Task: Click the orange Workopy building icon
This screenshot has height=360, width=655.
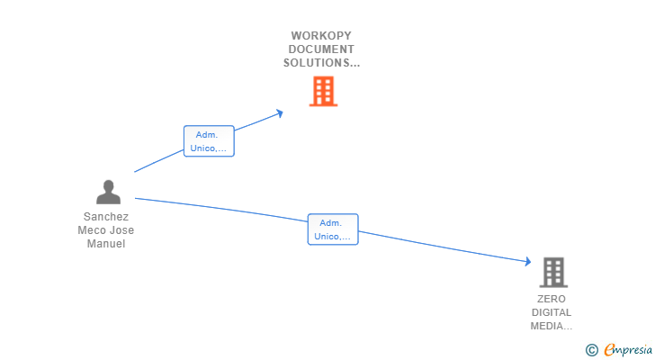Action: coord(323,91)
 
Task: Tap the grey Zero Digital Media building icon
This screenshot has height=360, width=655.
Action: coord(553,272)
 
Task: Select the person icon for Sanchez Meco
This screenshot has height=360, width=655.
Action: coord(108,193)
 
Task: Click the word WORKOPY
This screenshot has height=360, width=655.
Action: coord(322,35)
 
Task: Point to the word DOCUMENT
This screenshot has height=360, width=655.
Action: coord(322,49)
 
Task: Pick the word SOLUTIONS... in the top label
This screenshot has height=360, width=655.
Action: coord(322,63)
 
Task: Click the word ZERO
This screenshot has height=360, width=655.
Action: coord(552,299)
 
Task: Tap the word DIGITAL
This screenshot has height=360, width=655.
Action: coord(552,312)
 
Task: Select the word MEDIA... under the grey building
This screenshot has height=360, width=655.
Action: coord(552,326)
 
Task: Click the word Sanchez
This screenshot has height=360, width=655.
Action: coord(106,217)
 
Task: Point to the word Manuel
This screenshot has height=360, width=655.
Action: coord(106,244)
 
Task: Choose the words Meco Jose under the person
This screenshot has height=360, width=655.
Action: coord(106,230)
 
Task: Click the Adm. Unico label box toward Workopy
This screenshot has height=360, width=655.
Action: coord(209,141)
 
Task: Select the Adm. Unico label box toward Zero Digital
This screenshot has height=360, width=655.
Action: coord(333,229)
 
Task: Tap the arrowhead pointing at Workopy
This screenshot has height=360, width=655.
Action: coord(280,112)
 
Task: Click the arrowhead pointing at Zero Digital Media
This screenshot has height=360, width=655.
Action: coord(528,262)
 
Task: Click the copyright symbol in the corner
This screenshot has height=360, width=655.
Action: coord(591,350)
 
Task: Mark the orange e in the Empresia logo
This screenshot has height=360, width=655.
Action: coord(609,350)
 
